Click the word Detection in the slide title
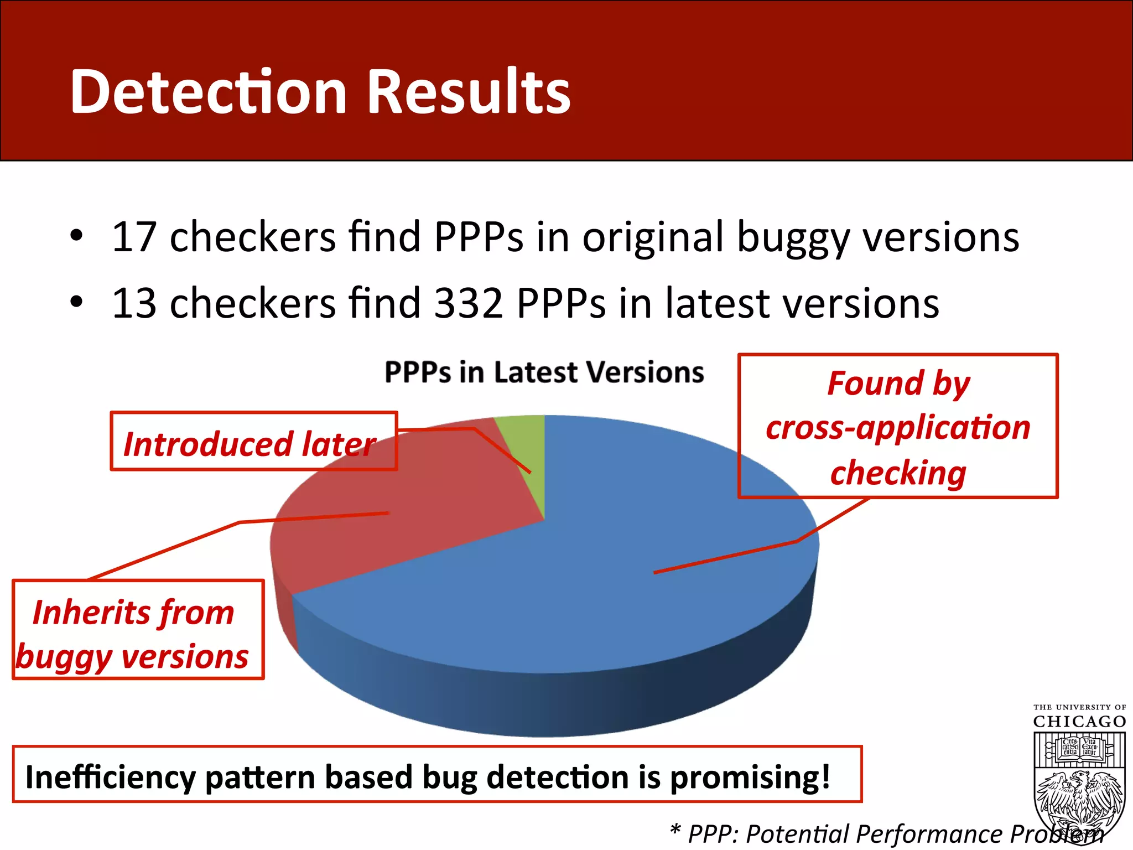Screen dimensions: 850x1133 [x=208, y=92]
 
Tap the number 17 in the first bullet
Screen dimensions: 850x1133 [x=134, y=237]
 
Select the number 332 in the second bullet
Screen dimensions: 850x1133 [x=468, y=303]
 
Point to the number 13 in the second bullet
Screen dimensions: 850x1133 [x=134, y=303]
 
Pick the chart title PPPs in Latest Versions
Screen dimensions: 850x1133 [x=544, y=372]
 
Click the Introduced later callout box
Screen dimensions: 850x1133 [x=253, y=442]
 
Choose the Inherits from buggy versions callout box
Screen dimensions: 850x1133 [x=138, y=630]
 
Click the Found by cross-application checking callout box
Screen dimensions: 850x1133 [x=897, y=426]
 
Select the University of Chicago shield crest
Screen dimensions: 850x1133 [x=1079, y=786]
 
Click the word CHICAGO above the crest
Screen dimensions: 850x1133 [x=1079, y=722]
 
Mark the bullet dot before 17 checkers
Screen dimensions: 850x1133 [x=76, y=237]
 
